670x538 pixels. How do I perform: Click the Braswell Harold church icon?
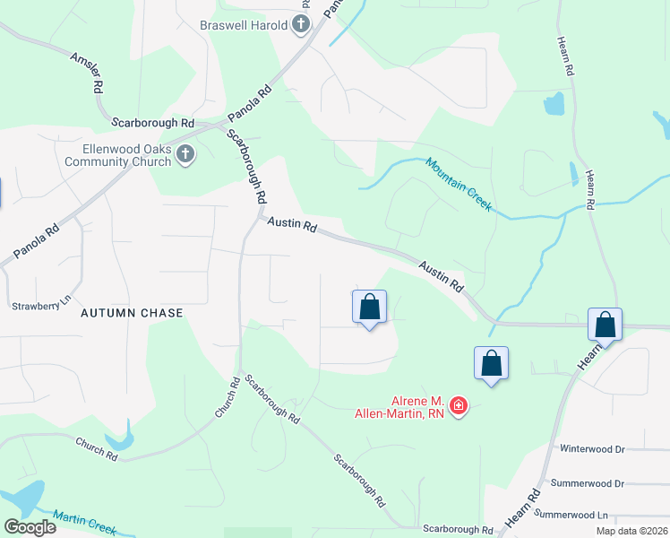[302, 24]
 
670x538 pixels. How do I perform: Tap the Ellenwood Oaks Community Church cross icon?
[185, 155]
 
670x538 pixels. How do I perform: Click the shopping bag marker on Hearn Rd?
[606, 325]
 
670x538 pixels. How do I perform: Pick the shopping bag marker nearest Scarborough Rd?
[369, 308]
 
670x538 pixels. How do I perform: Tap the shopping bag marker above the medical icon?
[491, 363]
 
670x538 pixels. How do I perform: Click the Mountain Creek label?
[459, 184]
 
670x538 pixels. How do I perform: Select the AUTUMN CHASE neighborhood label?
[132, 313]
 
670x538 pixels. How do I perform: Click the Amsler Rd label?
[85, 73]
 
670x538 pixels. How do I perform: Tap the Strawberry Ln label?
[40, 306]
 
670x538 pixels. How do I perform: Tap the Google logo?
[30, 527]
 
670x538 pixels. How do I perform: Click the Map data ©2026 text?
[631, 531]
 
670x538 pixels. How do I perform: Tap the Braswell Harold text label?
[245, 24]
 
